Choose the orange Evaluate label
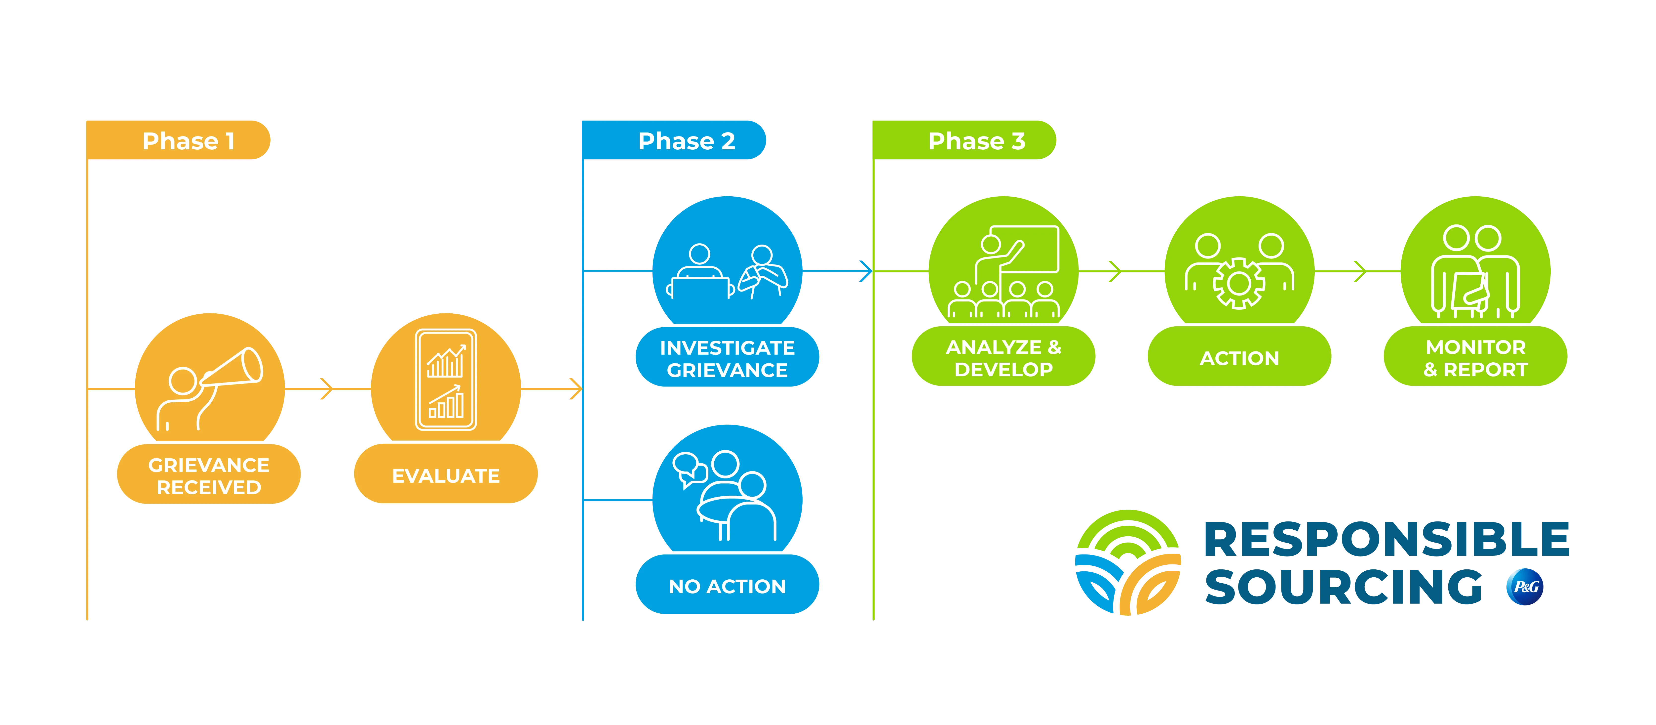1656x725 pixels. coord(446,475)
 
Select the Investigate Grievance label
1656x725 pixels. coord(727,358)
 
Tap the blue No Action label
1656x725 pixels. coord(727,586)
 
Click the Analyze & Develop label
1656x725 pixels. coord(1003,358)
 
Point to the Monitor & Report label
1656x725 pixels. coord(1475,358)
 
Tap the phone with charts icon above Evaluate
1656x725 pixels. coord(446,380)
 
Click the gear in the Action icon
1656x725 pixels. coord(1239,283)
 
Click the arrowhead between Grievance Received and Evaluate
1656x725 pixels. coord(328,389)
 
